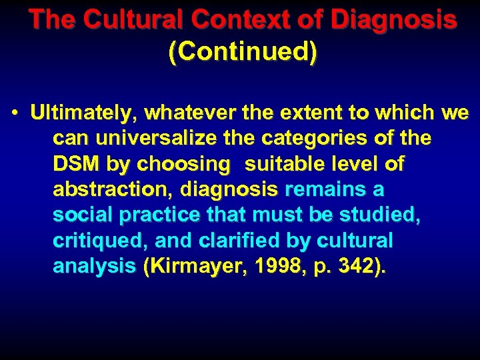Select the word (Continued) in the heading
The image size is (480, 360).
coord(243,53)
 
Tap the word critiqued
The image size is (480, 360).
coord(91,241)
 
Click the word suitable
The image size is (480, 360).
coord(285,164)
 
